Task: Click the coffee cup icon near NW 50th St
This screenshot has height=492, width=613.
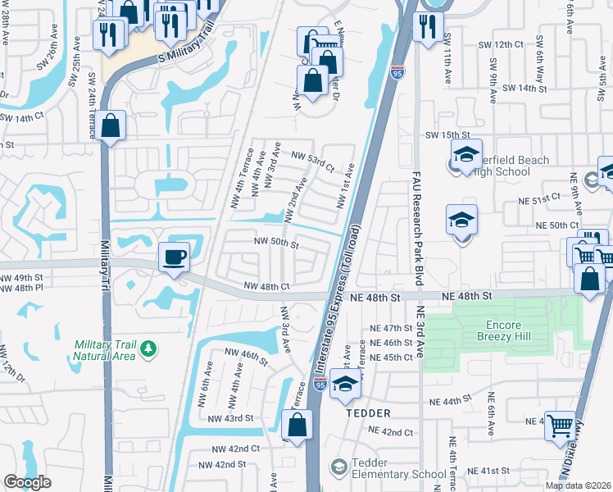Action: tap(174, 256)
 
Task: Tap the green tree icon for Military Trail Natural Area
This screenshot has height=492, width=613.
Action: tap(148, 349)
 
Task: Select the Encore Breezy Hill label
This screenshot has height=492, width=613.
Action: tap(509, 330)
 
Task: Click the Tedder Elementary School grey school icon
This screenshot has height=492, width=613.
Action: tap(338, 467)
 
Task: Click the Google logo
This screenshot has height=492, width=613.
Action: tap(27, 482)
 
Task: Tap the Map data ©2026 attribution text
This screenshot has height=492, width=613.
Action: tap(578, 485)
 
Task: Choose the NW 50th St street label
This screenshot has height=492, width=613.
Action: tap(275, 243)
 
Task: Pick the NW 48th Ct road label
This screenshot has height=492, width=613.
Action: tap(267, 286)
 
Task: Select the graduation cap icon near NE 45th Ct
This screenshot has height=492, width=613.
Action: tap(345, 384)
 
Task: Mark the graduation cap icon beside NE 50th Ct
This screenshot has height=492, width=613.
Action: tap(461, 221)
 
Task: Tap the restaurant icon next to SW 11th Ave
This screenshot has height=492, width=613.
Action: tap(425, 27)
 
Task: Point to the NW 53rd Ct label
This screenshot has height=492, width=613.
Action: tap(313, 161)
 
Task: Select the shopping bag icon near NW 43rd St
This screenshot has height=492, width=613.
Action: tap(297, 425)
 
